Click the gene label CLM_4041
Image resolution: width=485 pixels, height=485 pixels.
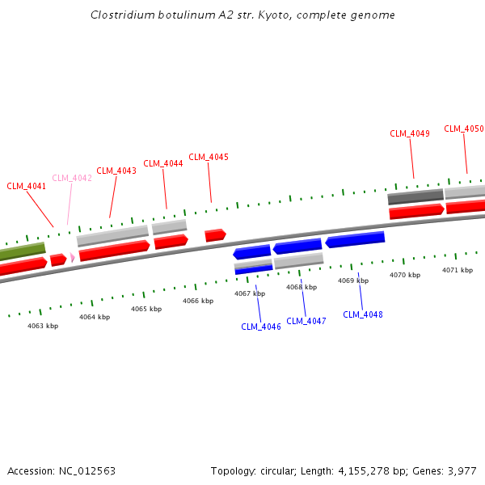point(27,186)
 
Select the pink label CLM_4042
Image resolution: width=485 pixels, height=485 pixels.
point(72,178)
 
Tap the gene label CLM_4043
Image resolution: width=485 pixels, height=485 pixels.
point(116,171)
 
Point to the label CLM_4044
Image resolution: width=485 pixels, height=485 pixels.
point(163,163)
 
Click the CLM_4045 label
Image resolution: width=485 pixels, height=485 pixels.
point(209,157)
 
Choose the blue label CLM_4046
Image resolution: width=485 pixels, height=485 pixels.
point(261,327)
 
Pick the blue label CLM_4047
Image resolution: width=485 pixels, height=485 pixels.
point(306,321)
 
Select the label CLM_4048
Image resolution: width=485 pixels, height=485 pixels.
point(363,314)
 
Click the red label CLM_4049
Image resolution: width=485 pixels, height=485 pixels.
point(410,133)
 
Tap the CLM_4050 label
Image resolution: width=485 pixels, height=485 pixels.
point(464,129)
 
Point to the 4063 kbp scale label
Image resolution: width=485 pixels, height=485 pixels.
point(43,326)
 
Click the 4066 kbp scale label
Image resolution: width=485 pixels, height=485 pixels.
point(198,301)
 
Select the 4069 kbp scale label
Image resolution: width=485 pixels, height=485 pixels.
point(353,280)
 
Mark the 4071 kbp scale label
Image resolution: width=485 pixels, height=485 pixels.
point(458,270)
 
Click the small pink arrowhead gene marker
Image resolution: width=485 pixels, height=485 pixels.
point(73,257)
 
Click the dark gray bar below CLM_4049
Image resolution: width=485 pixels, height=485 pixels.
point(415,196)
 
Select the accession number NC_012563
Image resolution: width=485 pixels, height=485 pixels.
point(86,470)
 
